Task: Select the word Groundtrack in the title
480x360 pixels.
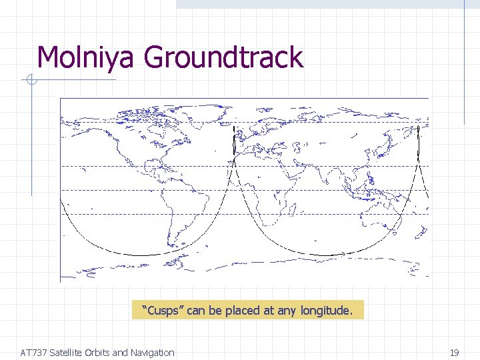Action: coord(223,59)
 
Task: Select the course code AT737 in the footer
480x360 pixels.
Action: coord(34,353)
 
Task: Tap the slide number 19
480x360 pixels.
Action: coord(455,353)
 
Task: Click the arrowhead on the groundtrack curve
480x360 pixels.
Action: coord(343,254)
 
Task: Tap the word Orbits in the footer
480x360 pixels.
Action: coord(103,353)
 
